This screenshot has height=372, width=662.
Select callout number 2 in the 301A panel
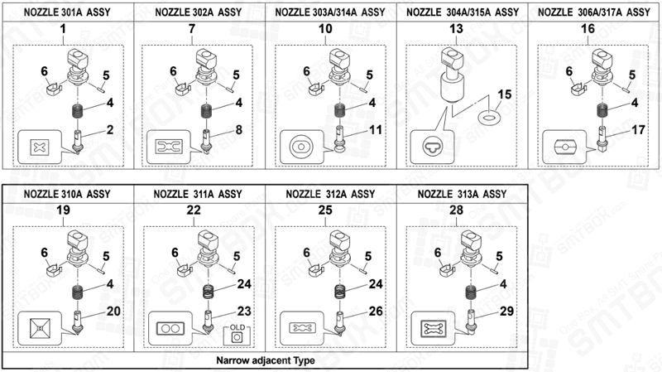(108, 129)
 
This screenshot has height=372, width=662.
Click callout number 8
(238, 129)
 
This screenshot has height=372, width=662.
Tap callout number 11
(374, 130)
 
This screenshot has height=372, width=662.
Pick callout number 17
(636, 130)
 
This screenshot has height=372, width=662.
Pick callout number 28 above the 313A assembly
(456, 210)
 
